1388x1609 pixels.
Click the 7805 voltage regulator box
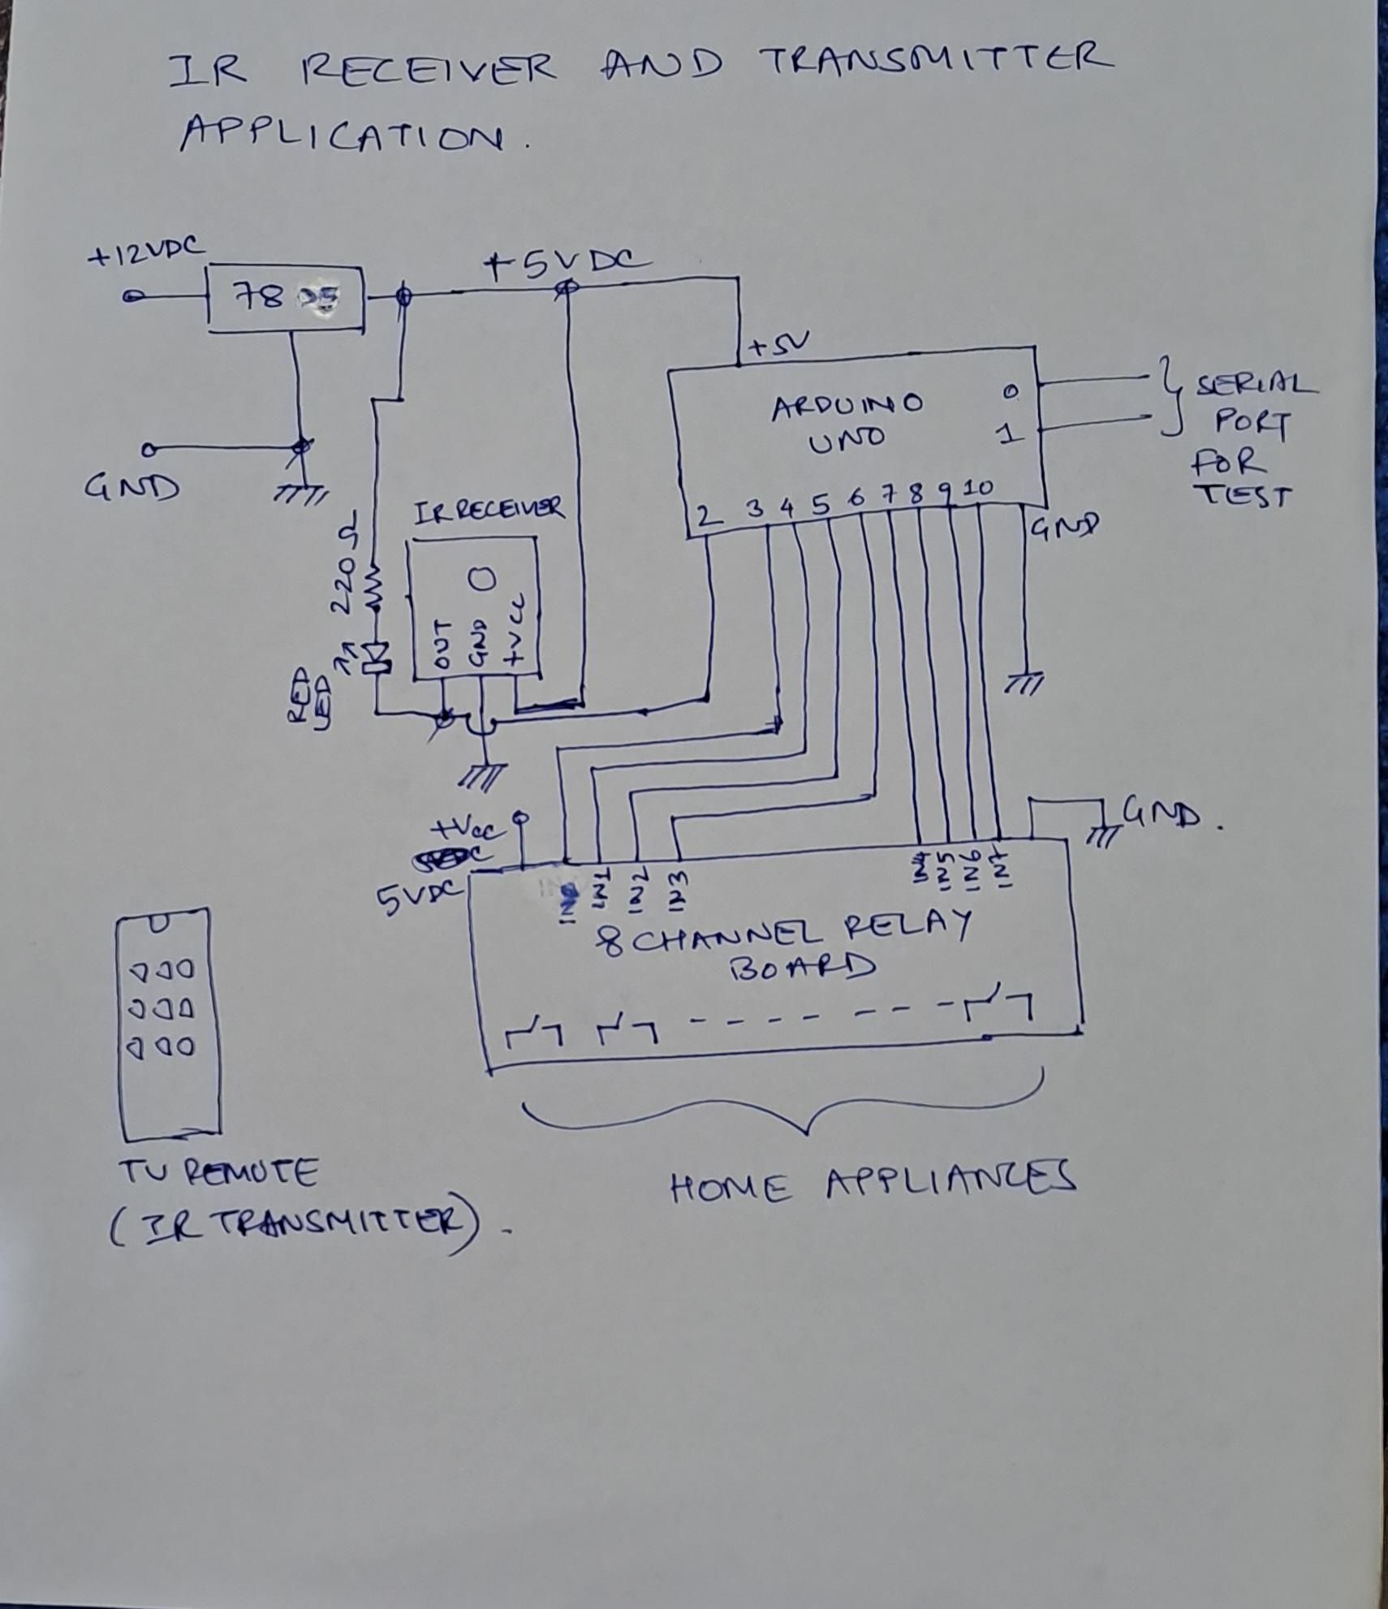(285, 299)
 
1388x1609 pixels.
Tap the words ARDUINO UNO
(847, 420)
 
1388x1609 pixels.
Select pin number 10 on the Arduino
(980, 488)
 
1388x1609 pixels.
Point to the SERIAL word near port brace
(1257, 384)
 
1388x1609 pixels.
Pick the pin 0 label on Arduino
(1009, 392)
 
